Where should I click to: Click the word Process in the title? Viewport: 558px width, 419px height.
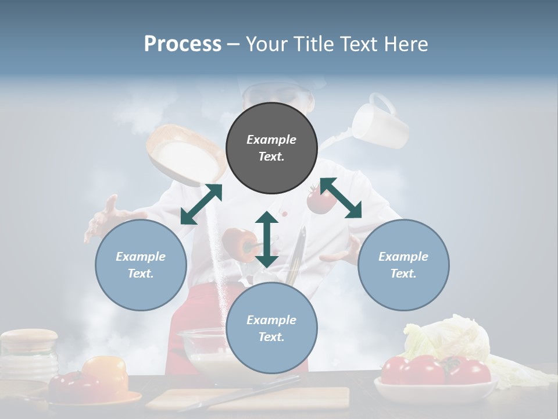tap(183, 44)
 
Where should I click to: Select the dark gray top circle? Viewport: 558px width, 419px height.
tap(271, 148)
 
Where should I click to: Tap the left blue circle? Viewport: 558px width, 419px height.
tap(141, 265)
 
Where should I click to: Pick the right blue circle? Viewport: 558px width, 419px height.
tap(403, 265)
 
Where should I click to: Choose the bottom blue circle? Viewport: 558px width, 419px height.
tap(271, 328)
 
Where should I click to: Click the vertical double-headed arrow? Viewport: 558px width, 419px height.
tap(267, 239)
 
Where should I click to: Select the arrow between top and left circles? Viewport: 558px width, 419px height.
tap(201, 204)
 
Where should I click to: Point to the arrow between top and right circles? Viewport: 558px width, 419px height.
tap(341, 198)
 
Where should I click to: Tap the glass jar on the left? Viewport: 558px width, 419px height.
tap(29, 354)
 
